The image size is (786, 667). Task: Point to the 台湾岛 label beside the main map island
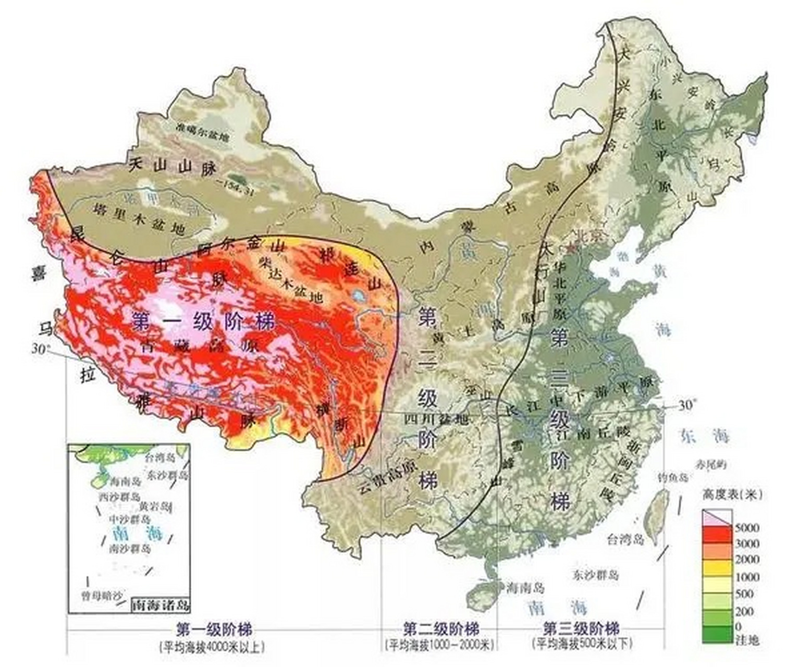tap(625, 539)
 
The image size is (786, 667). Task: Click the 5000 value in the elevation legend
tap(746, 528)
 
